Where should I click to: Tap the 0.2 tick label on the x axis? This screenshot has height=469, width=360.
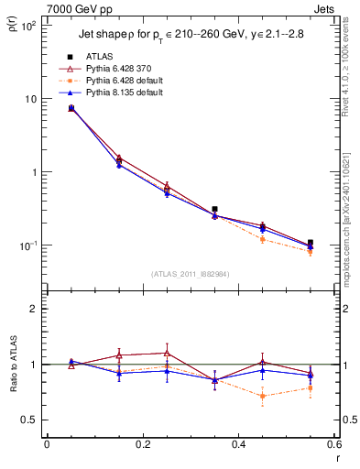click(142, 445)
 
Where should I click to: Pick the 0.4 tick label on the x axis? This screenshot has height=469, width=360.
click(238, 445)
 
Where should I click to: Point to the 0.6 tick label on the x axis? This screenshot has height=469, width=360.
click(333, 445)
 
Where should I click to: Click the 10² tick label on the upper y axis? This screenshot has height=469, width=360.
click(27, 26)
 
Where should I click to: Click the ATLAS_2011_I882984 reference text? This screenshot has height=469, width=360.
click(190, 274)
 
